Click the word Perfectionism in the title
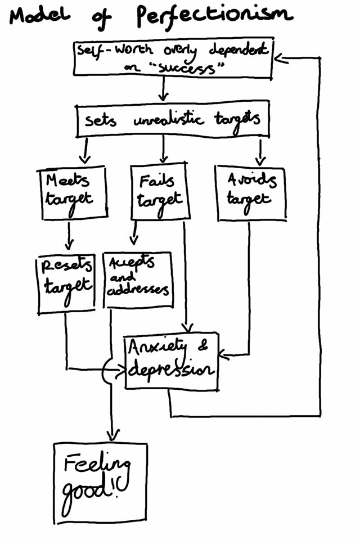point(214,17)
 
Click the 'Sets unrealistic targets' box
point(173,119)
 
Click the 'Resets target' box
point(66,282)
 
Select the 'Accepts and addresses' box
point(138,280)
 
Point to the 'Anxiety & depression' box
point(171,360)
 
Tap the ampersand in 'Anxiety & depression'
point(203,348)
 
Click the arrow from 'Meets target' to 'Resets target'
point(69,236)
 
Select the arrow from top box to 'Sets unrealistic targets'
point(163,89)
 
